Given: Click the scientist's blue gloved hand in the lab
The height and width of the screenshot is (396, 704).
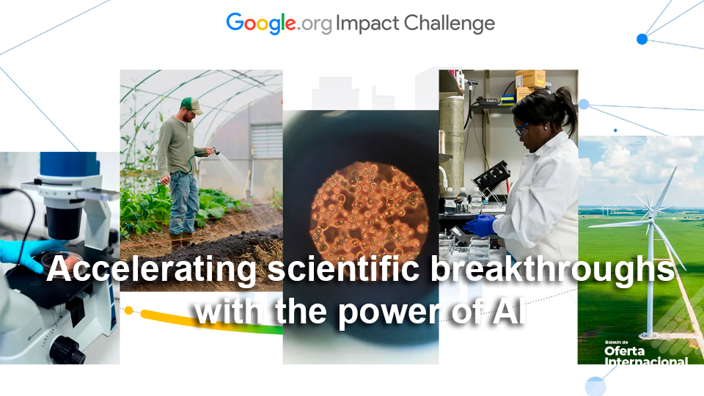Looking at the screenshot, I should point(480,225).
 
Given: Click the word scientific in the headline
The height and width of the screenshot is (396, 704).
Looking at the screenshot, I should point(342,271).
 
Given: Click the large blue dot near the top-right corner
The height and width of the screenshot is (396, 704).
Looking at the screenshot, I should point(642,39).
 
